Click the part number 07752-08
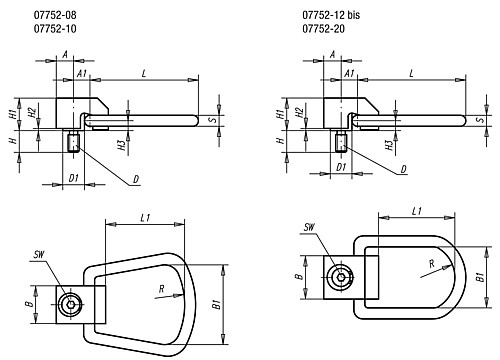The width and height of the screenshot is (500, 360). point(55,15)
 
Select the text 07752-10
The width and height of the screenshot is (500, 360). point(55,29)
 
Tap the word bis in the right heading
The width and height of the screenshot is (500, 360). point(353,15)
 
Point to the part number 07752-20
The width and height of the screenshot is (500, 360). point(323,29)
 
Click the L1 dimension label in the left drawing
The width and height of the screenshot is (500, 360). point(145,218)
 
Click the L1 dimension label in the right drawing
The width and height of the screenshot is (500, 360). point(417,211)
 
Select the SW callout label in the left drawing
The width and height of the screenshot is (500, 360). point(39,255)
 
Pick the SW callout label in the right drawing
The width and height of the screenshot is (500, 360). point(309,227)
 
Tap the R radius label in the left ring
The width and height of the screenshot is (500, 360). point(162,289)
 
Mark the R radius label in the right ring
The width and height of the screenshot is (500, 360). point(432,264)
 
